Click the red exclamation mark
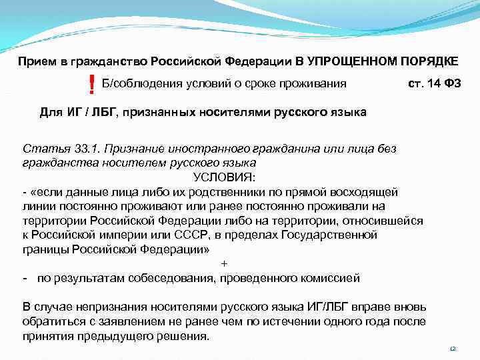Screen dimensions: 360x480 point(91,85)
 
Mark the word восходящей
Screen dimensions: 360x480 point(366,191)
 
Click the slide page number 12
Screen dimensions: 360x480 point(453,349)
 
